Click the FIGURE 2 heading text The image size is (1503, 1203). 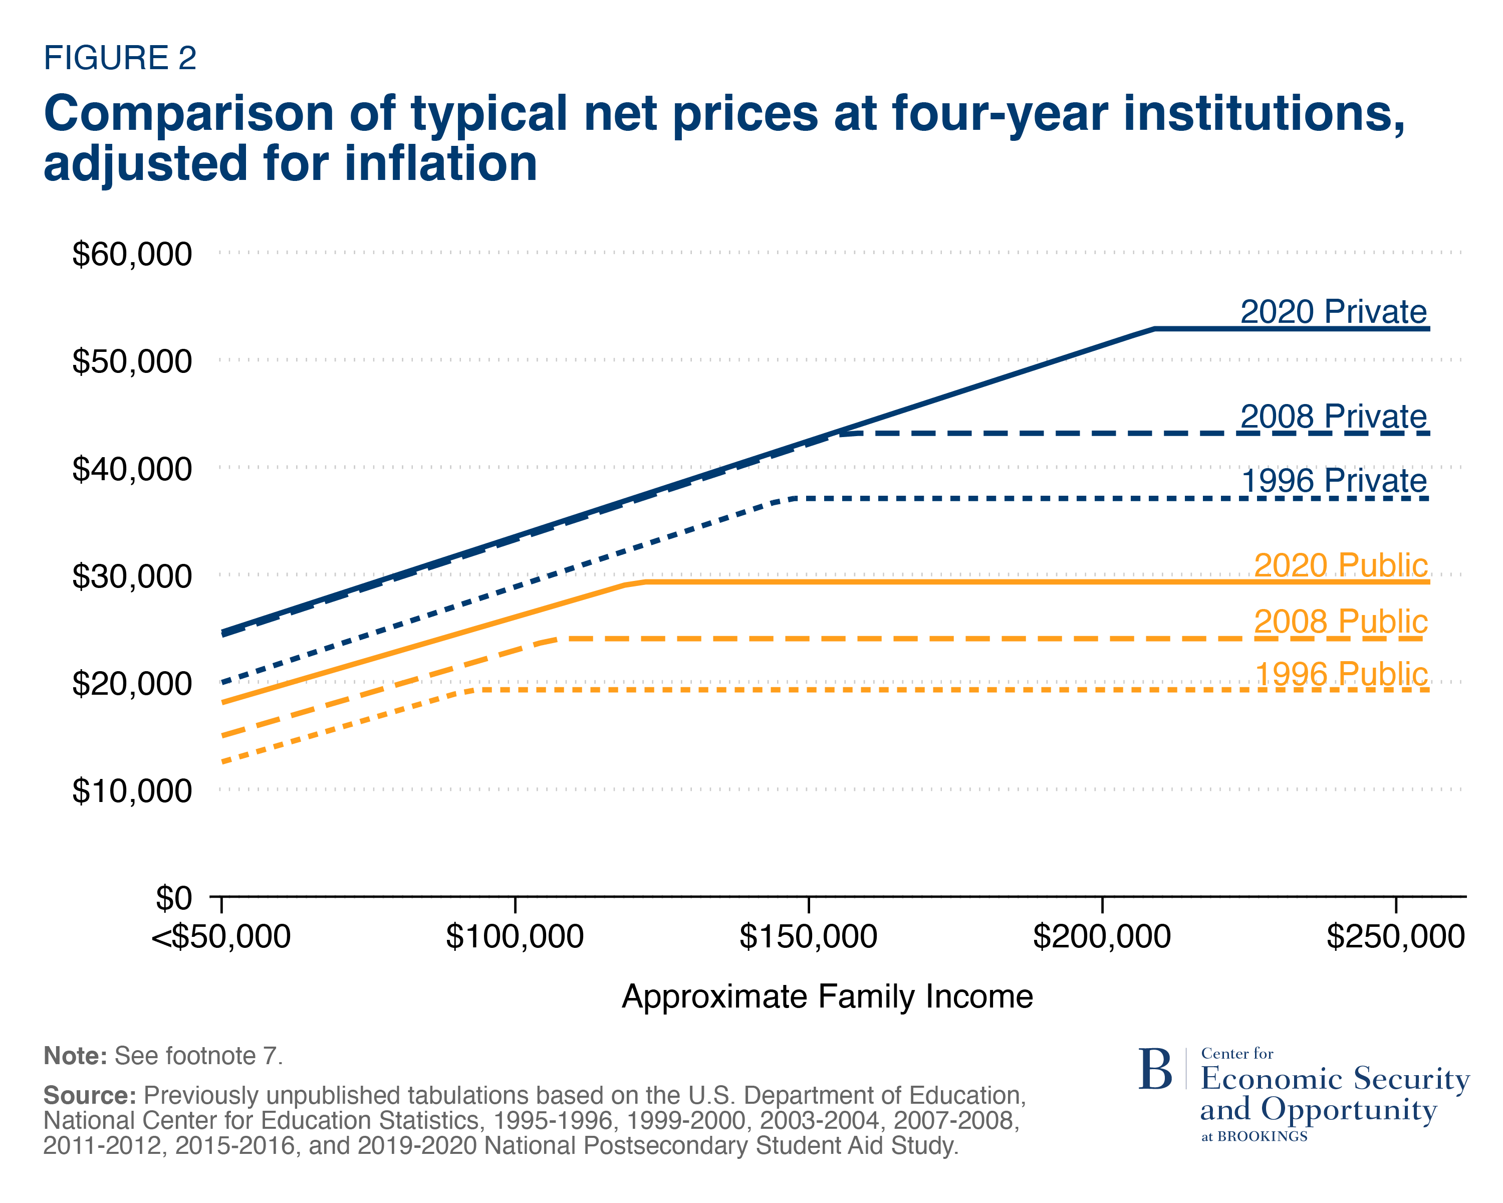(120, 58)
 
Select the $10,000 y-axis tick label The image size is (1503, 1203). (132, 791)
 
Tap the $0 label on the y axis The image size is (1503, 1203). (173, 898)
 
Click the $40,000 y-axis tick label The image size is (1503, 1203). (132, 469)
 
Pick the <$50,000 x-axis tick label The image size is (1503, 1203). (221, 936)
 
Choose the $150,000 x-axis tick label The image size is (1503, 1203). (808, 936)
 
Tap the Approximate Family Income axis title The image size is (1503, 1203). (827, 996)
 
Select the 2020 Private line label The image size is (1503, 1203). (1333, 312)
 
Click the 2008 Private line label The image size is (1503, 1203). (1333, 417)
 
